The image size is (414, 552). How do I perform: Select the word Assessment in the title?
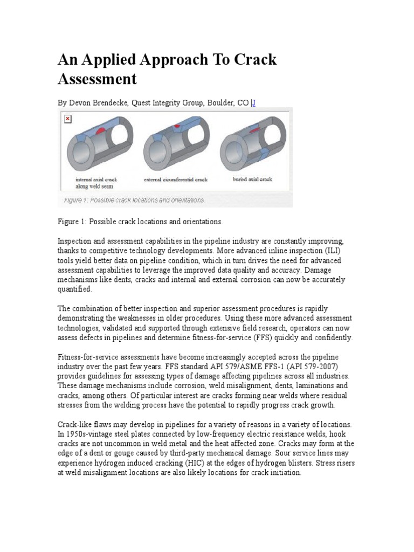click(97, 79)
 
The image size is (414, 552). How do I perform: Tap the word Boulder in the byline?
click(219, 102)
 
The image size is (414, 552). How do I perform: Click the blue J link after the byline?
click(253, 102)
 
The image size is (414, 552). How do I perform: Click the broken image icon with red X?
click(67, 119)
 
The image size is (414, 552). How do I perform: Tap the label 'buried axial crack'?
click(252, 179)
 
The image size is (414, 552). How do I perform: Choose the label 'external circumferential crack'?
click(175, 180)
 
